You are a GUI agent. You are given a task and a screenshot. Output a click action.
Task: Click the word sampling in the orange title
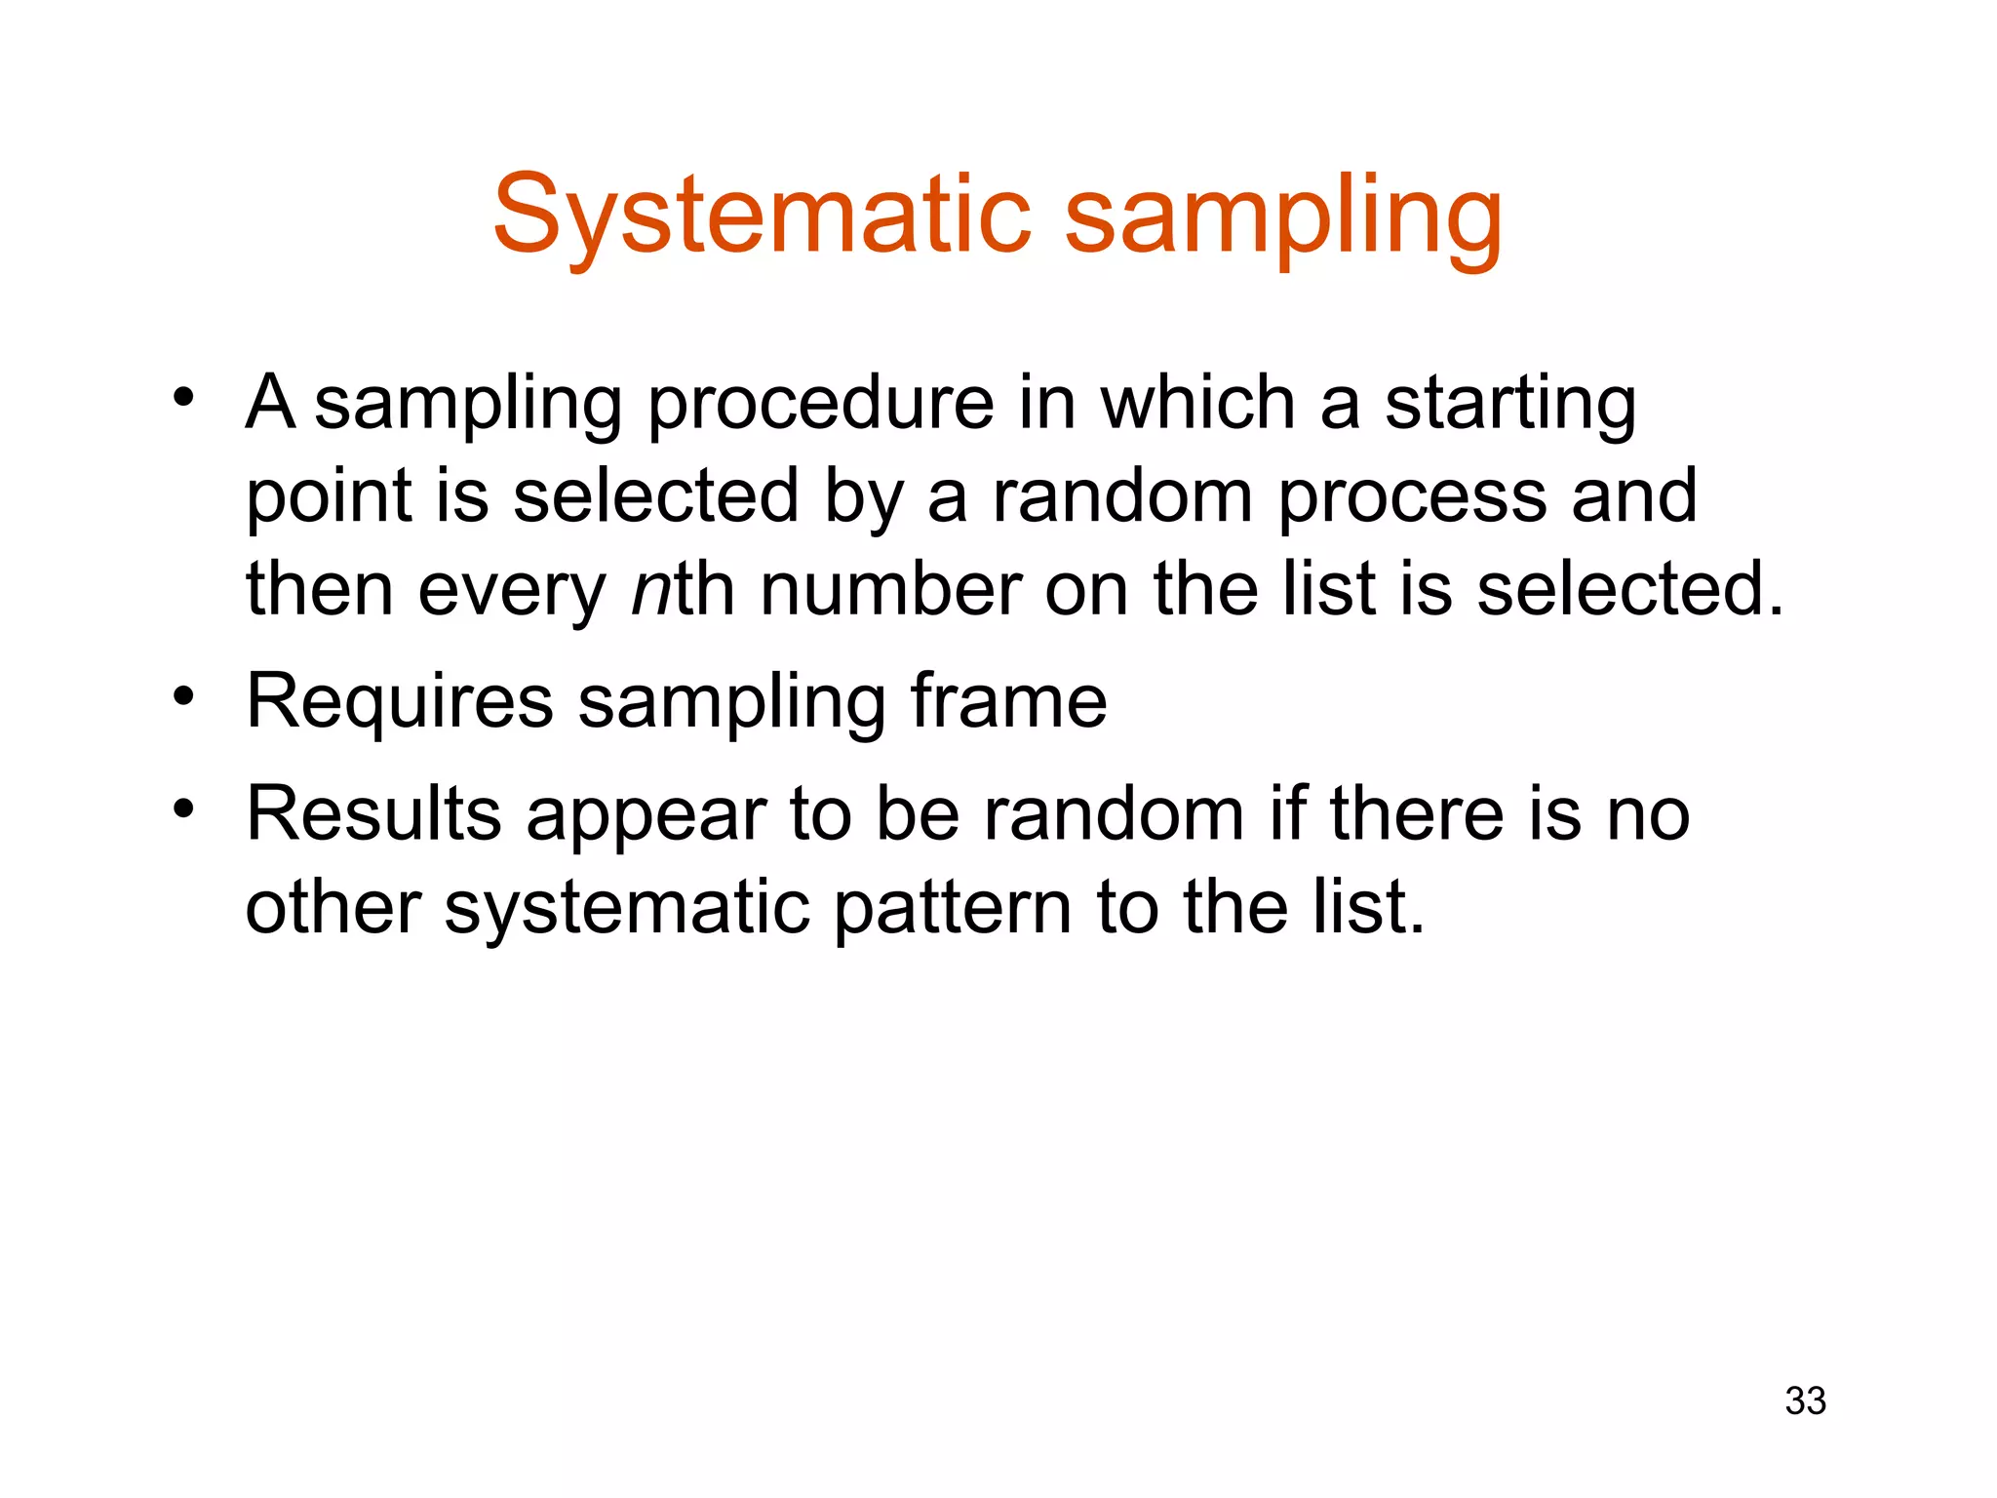tap(1283, 217)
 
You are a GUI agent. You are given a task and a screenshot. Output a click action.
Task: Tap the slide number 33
tap(1805, 1400)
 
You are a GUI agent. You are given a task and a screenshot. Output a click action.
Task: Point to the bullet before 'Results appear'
tap(183, 808)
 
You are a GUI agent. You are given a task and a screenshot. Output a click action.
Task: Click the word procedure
tap(820, 405)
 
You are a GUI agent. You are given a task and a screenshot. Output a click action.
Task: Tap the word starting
tap(1510, 405)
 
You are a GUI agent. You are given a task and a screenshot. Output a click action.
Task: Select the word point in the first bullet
tap(329, 498)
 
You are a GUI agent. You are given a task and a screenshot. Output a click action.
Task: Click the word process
tap(1412, 498)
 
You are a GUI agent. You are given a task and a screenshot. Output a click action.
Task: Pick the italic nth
tap(683, 590)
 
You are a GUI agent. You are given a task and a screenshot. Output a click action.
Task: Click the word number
tap(890, 590)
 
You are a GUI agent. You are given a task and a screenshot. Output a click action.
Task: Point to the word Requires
tap(400, 702)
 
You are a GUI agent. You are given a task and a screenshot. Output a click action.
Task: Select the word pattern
tap(953, 908)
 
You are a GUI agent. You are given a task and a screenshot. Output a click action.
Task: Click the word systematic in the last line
tap(627, 908)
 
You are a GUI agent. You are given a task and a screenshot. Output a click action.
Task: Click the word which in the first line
tap(1197, 403)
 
